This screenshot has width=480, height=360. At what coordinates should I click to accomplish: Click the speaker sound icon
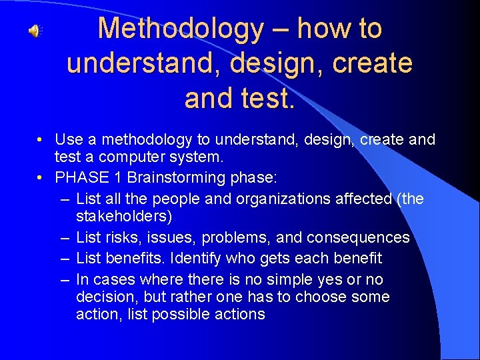[x=34, y=31]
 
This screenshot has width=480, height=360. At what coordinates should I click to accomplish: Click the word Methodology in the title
[x=181, y=29]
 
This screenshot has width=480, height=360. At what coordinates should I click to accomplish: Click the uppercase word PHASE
[x=77, y=177]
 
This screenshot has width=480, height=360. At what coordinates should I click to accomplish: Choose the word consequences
[x=361, y=237]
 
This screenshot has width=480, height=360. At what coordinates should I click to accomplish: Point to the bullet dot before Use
[x=41, y=140]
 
